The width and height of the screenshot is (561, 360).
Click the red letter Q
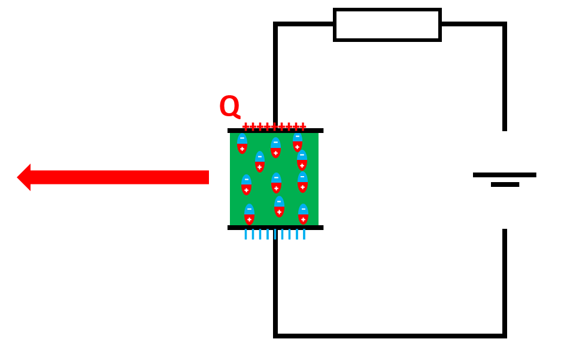click(229, 107)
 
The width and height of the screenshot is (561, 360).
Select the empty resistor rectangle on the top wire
click(387, 25)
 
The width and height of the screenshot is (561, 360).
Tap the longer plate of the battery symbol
click(504, 175)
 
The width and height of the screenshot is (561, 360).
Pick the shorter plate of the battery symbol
click(505, 184)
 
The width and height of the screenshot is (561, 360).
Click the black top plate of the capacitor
click(275, 131)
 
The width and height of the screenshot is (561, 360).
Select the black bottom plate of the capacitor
click(275, 228)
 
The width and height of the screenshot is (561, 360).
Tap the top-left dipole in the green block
click(242, 144)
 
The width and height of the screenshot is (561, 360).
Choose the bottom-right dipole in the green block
click(303, 214)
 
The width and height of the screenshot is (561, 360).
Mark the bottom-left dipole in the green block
click(249, 214)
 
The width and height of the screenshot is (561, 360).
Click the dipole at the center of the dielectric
click(276, 183)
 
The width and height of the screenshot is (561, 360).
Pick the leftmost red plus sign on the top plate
click(245, 126)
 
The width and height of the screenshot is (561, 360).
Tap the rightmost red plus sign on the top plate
click(303, 126)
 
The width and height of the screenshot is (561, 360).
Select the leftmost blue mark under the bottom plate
click(245, 234)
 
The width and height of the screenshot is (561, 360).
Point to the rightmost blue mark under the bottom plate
click(304, 234)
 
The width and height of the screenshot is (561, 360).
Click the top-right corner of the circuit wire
click(504, 25)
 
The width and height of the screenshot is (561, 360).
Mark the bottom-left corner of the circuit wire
click(275, 335)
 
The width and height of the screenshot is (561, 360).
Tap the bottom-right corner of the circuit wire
click(504, 335)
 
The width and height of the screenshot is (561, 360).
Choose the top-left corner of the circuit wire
click(275, 25)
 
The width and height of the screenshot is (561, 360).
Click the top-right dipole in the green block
click(298, 142)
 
